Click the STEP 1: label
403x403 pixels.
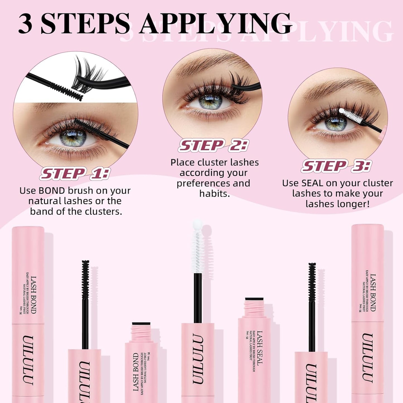(x=75, y=173)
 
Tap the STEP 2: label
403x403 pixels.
(x=213, y=145)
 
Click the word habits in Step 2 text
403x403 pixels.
(x=214, y=194)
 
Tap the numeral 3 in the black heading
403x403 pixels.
(x=25, y=24)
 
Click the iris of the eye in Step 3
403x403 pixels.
(x=336, y=124)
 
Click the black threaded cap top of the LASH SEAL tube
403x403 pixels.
(x=254, y=299)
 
